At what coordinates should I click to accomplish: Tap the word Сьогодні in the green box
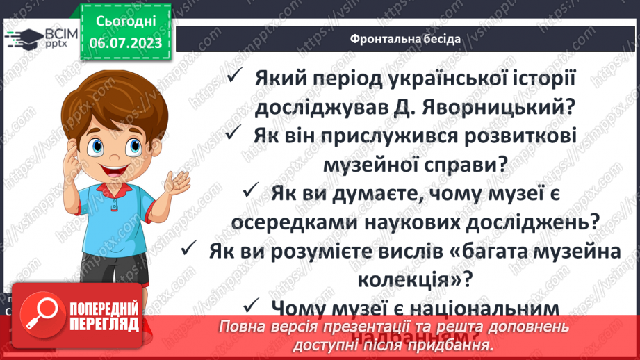tap(126, 22)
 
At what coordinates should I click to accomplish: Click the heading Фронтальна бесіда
tap(405, 38)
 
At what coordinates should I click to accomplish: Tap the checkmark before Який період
tap(236, 78)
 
